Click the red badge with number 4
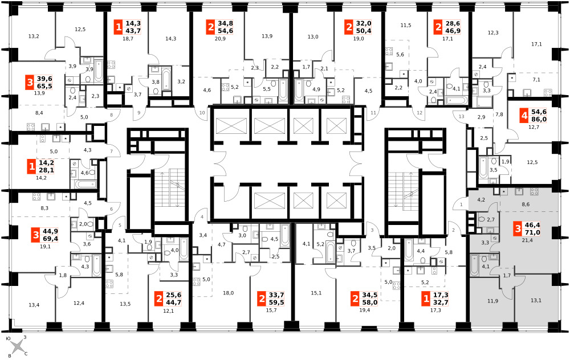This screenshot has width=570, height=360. click(x=524, y=116)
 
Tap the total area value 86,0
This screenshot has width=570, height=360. click(x=539, y=119)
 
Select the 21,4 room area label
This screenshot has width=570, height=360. click(x=527, y=240)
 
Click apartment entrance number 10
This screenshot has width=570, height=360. click(x=202, y=113)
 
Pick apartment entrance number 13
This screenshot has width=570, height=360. click(x=462, y=117)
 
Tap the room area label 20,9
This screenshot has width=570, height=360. click(x=220, y=39)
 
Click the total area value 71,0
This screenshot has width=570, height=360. click(x=532, y=233)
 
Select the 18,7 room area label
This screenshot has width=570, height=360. click(x=128, y=39)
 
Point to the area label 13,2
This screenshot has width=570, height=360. click(x=34, y=36)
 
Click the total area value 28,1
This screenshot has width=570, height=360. click(x=46, y=170)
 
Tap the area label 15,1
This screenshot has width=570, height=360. click(x=316, y=293)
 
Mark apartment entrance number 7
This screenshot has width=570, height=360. click(x=111, y=151)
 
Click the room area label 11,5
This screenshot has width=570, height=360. click(x=406, y=26)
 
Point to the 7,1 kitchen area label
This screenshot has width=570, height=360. click(x=536, y=80)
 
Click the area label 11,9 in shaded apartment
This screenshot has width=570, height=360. click(x=492, y=301)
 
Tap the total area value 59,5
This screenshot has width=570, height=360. click(x=276, y=302)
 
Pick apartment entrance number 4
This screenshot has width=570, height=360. click(x=202, y=217)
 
